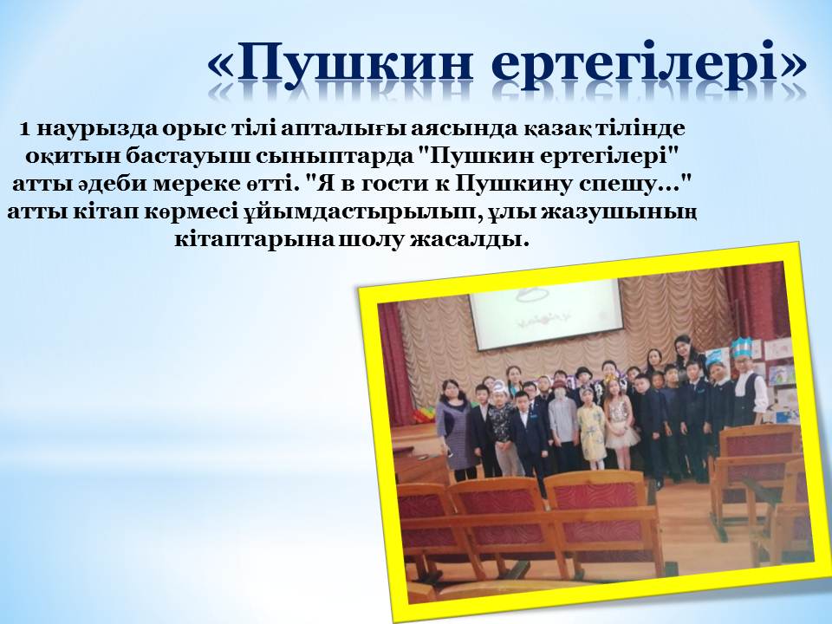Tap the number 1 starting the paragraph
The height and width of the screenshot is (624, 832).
pyautogui.click(x=24, y=129)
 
